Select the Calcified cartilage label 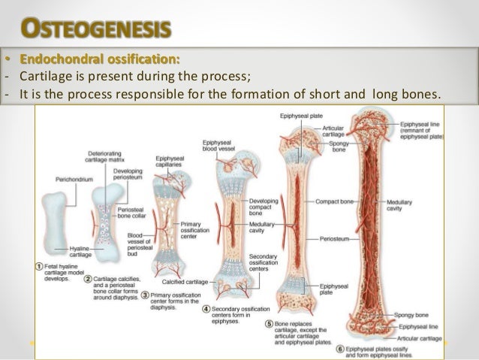[185, 282]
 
